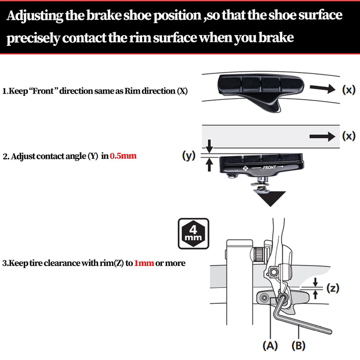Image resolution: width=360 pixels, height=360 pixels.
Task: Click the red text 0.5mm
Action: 123,157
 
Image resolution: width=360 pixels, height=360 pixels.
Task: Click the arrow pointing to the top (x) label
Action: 323,90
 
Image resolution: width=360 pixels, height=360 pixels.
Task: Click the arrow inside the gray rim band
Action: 323,136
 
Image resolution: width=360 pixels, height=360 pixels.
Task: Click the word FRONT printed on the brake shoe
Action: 270,167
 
